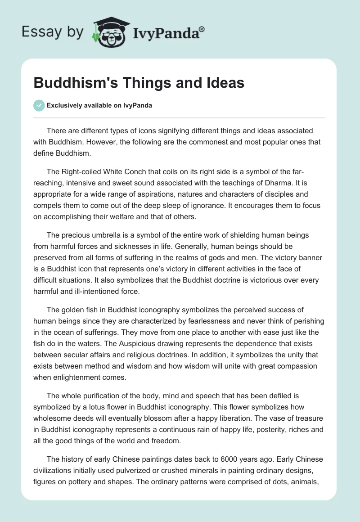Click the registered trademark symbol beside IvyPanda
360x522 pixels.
pos(202,29)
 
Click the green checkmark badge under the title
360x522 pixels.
pos(39,105)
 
